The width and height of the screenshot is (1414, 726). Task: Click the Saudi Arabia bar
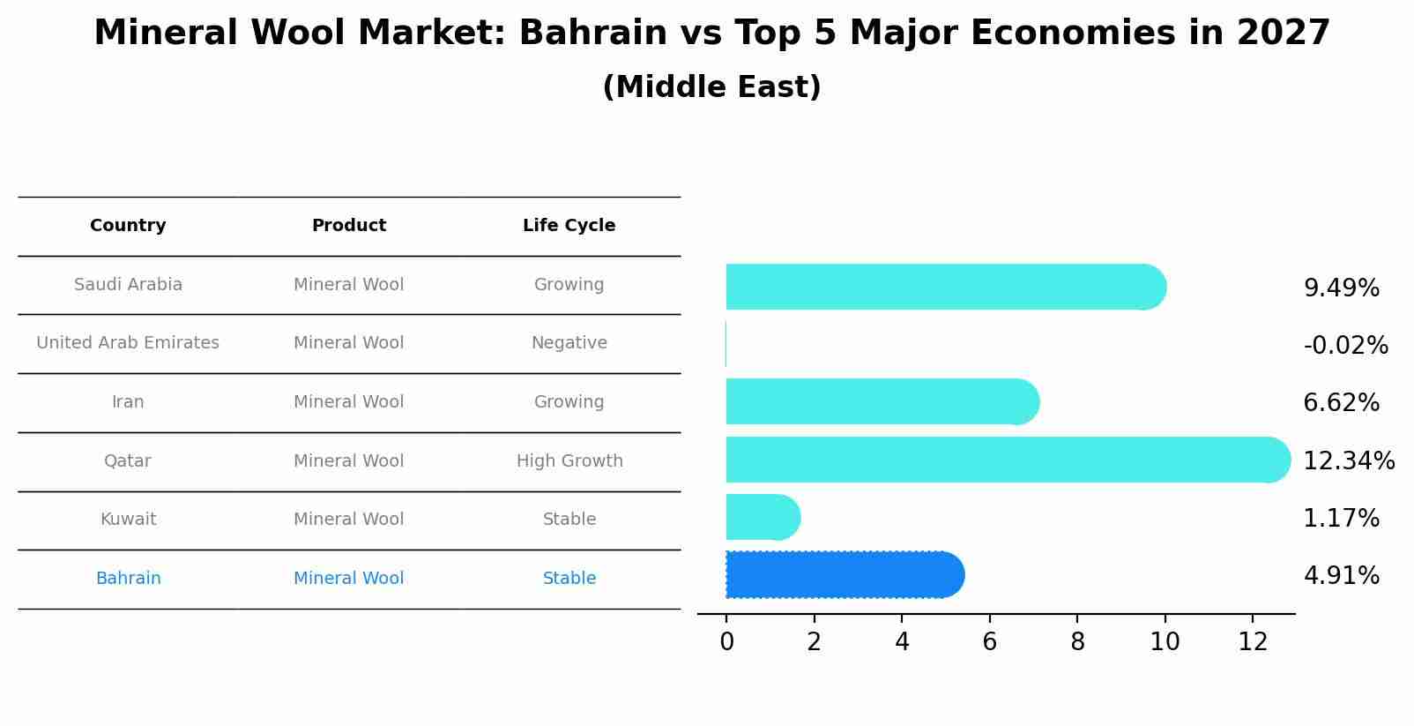943,287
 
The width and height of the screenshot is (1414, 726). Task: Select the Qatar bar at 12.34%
1005,460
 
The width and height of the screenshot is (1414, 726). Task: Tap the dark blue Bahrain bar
842,575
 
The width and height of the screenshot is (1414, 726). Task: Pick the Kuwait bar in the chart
760,517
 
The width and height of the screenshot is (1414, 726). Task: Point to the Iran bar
880,402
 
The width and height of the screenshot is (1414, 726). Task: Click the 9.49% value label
1341,288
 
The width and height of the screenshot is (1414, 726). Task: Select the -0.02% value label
1345,346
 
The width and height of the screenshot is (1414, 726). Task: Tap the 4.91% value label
1341,576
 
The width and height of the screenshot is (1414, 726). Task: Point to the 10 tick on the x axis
1165,642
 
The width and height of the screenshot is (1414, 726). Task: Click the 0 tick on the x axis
726,642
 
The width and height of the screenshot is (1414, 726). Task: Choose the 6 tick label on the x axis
989,642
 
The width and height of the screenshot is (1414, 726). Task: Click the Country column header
128,226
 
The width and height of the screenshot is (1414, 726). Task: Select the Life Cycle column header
569,226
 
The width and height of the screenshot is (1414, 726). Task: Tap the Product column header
348,226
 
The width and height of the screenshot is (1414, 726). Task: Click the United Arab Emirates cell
128,343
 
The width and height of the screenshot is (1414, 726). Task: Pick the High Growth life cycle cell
569,461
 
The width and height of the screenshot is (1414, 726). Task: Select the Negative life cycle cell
569,343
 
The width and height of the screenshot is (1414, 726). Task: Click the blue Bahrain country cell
128,579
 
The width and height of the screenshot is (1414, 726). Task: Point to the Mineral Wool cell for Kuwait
348,520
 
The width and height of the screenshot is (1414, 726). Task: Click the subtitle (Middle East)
711,87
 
